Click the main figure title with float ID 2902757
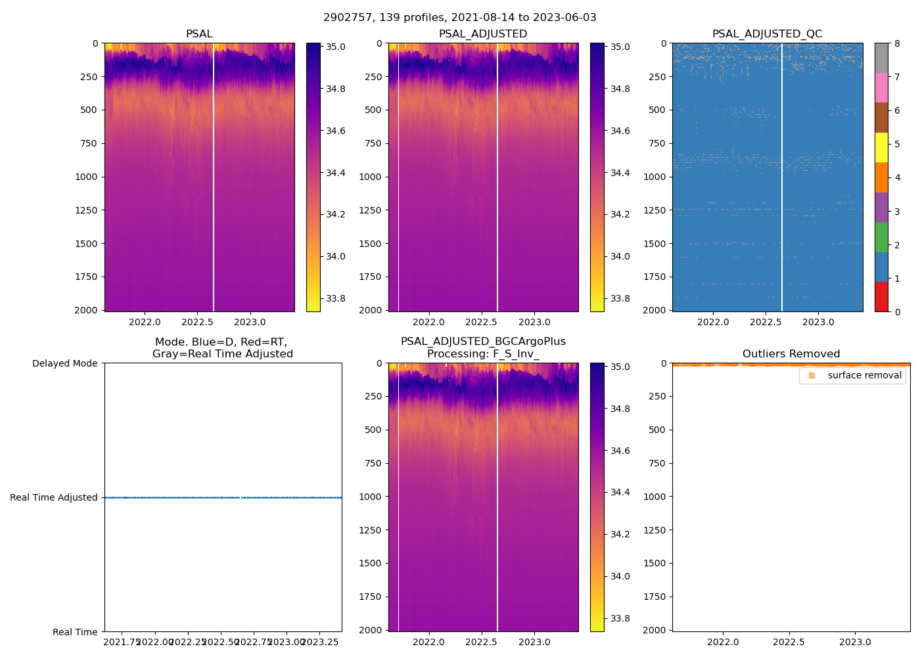(460, 18)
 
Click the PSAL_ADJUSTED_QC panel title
(767, 34)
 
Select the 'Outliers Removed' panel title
(791, 354)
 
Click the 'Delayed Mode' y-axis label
(64, 363)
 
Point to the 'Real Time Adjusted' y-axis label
(54, 497)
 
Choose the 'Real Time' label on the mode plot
(75, 632)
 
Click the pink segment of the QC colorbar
(881, 87)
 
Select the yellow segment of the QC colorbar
(881, 147)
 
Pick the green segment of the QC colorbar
(881, 237)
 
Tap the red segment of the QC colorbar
(881, 297)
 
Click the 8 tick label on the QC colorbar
(897, 44)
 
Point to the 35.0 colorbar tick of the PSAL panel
(336, 47)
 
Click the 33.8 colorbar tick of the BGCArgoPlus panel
(620, 618)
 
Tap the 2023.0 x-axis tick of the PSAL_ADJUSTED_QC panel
(818, 322)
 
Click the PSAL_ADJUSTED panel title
(483, 34)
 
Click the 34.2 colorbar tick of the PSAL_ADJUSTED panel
(620, 215)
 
